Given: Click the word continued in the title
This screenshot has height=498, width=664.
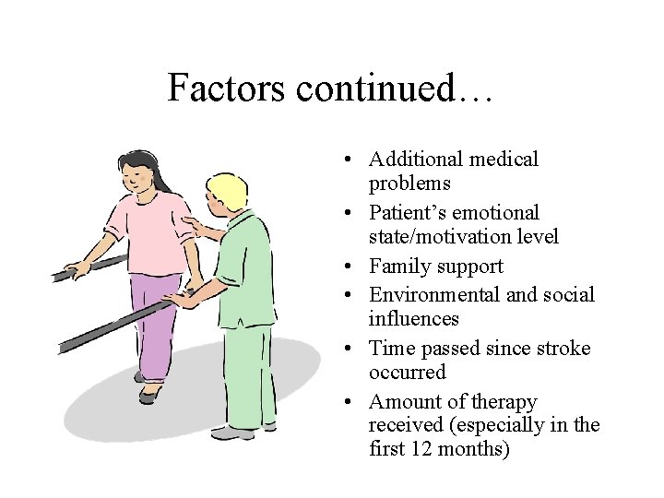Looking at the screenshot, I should click(376, 88).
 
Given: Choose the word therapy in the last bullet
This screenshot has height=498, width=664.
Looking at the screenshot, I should click(504, 402).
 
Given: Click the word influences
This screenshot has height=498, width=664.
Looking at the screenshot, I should click(413, 319).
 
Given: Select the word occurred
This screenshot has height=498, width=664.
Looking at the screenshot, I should click(407, 373).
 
